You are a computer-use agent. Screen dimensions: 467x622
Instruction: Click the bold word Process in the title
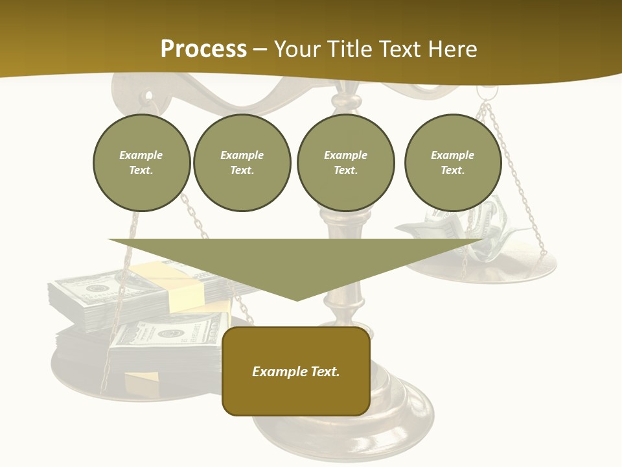click(x=203, y=49)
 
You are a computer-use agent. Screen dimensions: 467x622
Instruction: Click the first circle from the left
click(x=141, y=163)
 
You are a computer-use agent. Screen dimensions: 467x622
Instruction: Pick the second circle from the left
click(x=242, y=163)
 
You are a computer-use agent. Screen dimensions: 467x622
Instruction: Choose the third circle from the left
click(x=345, y=163)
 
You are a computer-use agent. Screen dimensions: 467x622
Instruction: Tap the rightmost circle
click(x=452, y=163)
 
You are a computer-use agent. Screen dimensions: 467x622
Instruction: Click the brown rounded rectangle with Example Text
click(x=296, y=371)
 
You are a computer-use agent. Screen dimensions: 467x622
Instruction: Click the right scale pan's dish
click(x=518, y=269)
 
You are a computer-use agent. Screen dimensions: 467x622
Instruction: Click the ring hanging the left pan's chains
click(x=151, y=100)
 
